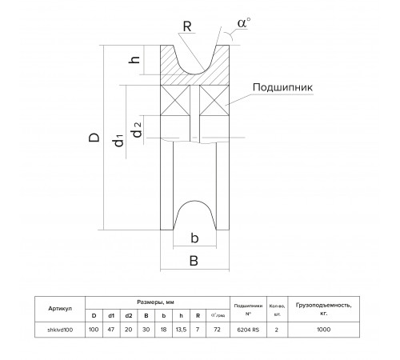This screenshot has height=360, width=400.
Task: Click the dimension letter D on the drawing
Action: (x=94, y=138)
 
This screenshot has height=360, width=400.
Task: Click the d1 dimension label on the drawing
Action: (x=118, y=141)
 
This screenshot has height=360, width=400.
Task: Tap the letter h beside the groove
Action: (x=134, y=59)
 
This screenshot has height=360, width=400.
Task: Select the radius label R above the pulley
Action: (x=187, y=26)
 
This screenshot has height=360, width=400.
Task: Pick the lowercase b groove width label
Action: (x=194, y=238)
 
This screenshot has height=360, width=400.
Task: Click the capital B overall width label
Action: (x=194, y=261)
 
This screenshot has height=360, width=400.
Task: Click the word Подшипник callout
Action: (x=282, y=87)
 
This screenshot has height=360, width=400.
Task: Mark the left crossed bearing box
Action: (x=175, y=101)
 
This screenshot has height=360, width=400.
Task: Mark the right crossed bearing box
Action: (x=214, y=101)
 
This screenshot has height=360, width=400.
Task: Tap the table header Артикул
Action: (x=60, y=309)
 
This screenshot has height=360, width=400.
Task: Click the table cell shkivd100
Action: (x=60, y=330)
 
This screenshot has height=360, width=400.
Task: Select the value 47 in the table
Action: (x=111, y=330)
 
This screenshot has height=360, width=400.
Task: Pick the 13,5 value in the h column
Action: (x=181, y=330)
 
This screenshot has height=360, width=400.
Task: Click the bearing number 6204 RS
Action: (x=248, y=330)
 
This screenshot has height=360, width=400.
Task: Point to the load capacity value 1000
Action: (x=324, y=330)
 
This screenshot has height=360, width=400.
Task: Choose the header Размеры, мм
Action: (x=155, y=302)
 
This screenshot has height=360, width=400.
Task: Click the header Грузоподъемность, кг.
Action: (x=324, y=309)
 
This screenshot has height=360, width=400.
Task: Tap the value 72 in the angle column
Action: (x=217, y=330)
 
